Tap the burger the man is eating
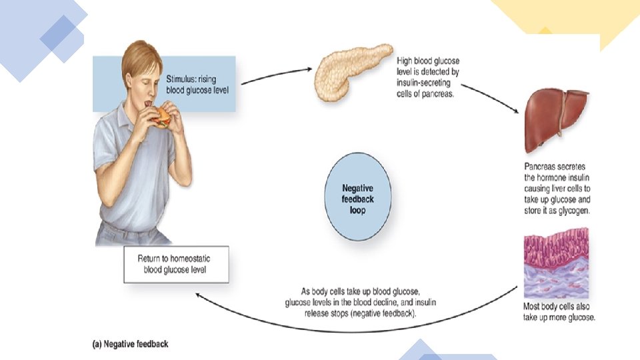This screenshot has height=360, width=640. pyautogui.click(x=162, y=118)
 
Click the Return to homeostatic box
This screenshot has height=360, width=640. pyautogui.click(x=176, y=265)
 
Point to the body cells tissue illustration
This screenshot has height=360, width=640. pyautogui.click(x=555, y=267)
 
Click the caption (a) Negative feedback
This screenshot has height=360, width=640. pyautogui.click(x=130, y=344)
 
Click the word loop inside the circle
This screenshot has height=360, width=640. pyautogui.click(x=359, y=209)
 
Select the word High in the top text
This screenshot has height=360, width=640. pyautogui.click(x=408, y=60)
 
